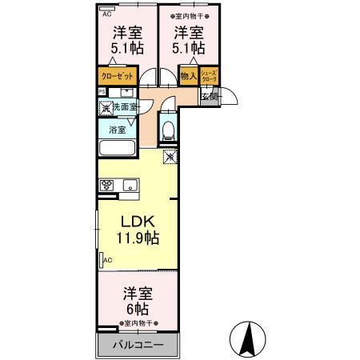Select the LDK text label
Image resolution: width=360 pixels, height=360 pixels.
click(137, 222)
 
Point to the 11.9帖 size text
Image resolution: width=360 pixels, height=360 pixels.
click(138, 238)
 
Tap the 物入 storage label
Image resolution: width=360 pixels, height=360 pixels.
click(189, 77)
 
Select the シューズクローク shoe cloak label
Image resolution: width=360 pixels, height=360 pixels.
click(209, 77)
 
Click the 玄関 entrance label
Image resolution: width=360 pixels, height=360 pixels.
click(209, 96)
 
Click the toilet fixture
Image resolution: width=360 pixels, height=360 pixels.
click(167, 128)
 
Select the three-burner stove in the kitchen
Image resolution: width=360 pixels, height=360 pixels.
click(107, 185)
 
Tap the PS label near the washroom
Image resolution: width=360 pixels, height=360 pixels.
click(102, 92)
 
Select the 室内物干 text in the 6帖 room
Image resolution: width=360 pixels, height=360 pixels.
click(138, 322)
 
